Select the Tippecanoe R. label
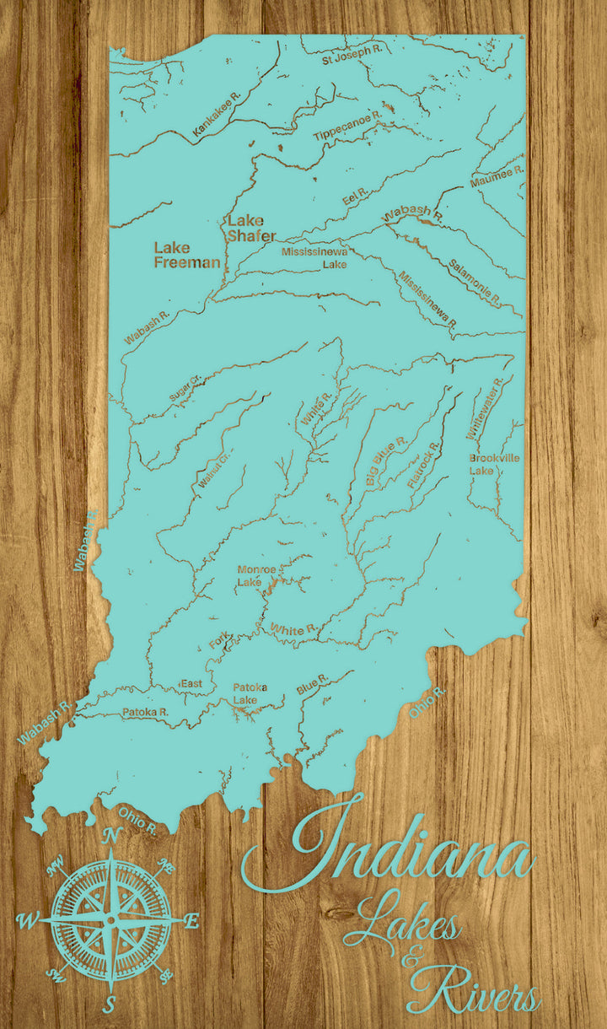(347, 125)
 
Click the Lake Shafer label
(251, 228)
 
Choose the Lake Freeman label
(186, 255)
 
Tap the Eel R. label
(356, 197)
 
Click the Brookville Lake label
(494, 463)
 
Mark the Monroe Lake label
(255, 575)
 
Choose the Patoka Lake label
(250, 693)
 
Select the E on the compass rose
(191, 922)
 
